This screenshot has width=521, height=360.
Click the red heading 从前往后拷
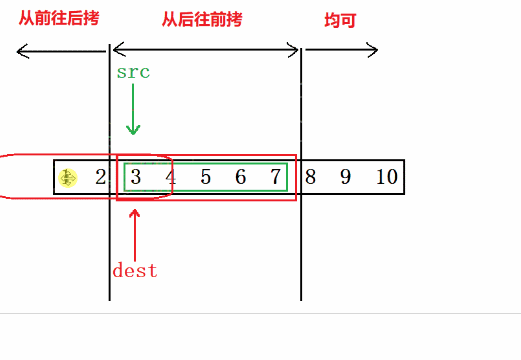pyautogui.click(x=59, y=18)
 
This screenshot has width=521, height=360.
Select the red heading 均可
pyautogui.click(x=341, y=20)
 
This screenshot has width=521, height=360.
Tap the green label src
pyautogui.click(x=133, y=73)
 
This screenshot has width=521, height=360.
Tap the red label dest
pyautogui.click(x=135, y=270)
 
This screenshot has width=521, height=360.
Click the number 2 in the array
pyautogui.click(x=99, y=178)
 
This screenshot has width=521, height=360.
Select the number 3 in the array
pyautogui.click(x=135, y=178)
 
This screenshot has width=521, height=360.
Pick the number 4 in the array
pyautogui.click(x=170, y=178)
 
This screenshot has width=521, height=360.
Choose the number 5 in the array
pyautogui.click(x=205, y=178)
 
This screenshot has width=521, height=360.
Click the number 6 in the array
pyautogui.click(x=240, y=178)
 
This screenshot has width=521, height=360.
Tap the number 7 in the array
pyautogui.click(x=275, y=178)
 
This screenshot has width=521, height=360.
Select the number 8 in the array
pyautogui.click(x=311, y=178)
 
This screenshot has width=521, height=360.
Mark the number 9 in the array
pyautogui.click(x=345, y=178)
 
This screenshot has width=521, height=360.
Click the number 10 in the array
pyautogui.click(x=386, y=178)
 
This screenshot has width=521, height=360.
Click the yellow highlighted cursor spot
pyautogui.click(x=68, y=178)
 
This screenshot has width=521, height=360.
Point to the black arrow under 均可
pyautogui.click(x=340, y=50)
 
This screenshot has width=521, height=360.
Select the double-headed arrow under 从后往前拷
pyautogui.click(x=205, y=50)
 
